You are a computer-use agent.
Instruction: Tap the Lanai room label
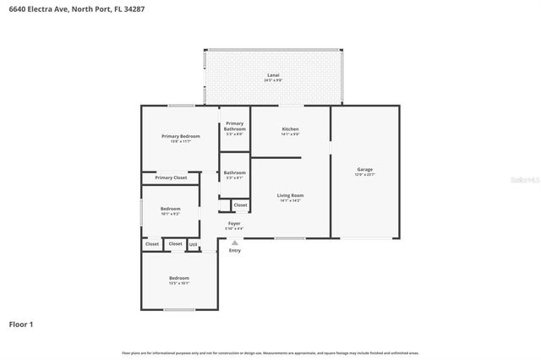tap(273, 76)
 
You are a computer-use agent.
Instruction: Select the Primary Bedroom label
tap(180, 136)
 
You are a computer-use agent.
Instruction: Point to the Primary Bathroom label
tap(234, 126)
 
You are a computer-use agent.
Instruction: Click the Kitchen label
tap(290, 129)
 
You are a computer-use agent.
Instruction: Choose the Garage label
tap(364, 170)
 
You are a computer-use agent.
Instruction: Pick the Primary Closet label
tap(171, 177)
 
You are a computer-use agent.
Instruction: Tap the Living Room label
tap(290, 196)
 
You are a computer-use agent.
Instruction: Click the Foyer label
tap(234, 224)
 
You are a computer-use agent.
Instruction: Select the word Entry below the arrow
tap(234, 250)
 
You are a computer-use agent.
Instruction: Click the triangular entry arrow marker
tap(234, 242)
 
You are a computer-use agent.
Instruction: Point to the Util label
tap(193, 244)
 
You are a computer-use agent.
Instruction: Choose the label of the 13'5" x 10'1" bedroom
tap(178, 278)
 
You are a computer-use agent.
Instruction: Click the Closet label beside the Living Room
tap(240, 205)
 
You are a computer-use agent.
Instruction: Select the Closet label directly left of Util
tap(175, 244)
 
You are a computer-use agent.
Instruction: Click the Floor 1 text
tap(21, 324)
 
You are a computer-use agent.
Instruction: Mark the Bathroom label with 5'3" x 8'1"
tap(234, 173)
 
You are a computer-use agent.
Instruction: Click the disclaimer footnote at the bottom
tap(270, 352)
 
